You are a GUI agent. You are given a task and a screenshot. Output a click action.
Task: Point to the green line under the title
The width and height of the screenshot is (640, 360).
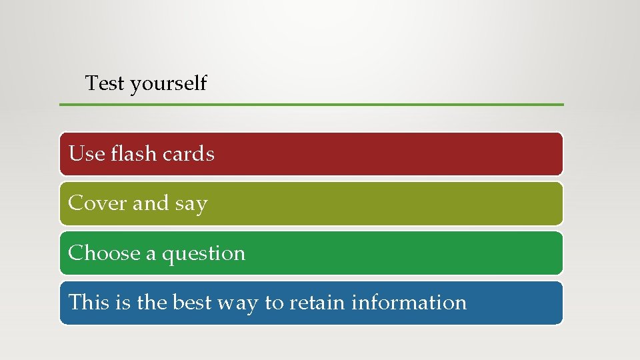coord(311,105)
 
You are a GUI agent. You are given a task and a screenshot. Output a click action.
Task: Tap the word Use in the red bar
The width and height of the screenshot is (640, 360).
coord(87,154)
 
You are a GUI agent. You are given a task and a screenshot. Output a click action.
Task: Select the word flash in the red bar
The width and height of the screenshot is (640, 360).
coord(133,154)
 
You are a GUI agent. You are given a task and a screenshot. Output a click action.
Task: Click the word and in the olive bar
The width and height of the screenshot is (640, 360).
coord(151,203)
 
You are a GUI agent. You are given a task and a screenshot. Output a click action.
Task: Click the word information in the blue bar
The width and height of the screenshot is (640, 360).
coord(409,303)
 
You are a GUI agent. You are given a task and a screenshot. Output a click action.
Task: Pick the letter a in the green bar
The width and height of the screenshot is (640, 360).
coord(151,255)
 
